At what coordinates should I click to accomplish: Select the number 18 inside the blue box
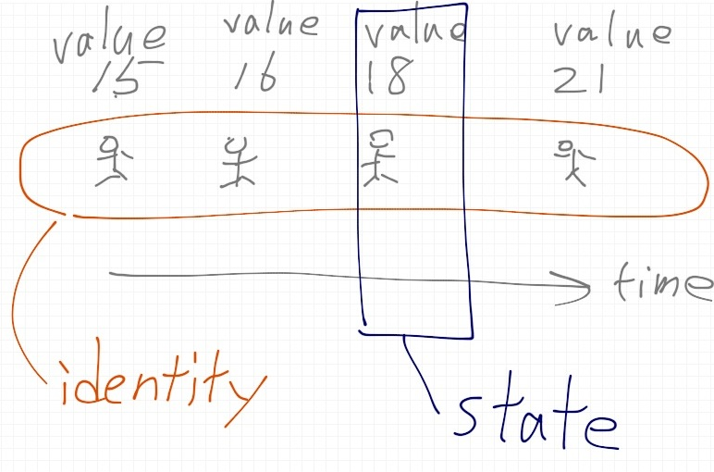tap(388, 77)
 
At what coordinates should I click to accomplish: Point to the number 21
tap(580, 79)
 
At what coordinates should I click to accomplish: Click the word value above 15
tap(109, 40)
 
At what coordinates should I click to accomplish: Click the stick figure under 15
tap(114, 160)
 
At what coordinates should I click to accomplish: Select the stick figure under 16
tap(238, 162)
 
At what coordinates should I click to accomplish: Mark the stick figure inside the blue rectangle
tap(379, 158)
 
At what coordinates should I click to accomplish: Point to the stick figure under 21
tap(574, 163)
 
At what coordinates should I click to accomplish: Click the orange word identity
tap(162, 385)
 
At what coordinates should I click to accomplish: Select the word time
tap(662, 281)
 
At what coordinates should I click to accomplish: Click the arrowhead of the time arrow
tap(588, 287)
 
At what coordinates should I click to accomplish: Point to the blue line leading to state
tap(419, 374)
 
